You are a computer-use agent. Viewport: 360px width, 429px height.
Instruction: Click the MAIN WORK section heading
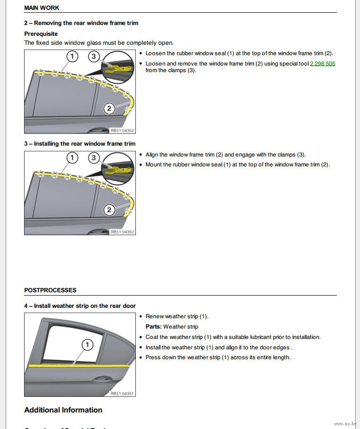(42, 8)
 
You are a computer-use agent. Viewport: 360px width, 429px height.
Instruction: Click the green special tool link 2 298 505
(322, 64)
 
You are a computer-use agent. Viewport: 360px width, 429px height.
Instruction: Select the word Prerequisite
(41, 34)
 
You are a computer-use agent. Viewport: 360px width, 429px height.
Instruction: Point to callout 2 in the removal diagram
(109, 108)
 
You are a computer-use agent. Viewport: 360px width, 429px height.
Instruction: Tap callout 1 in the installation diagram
(72, 157)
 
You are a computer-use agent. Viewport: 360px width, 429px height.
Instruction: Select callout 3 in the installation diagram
(94, 157)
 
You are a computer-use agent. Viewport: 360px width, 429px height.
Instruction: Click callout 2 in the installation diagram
(109, 209)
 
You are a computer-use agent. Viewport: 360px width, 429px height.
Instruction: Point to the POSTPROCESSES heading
(50, 290)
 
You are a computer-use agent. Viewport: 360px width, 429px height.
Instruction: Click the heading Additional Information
(63, 410)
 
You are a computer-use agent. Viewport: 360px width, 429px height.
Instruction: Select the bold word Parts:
(153, 327)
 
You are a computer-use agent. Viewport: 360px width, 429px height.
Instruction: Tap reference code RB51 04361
(122, 393)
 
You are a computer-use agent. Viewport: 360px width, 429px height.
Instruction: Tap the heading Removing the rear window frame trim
(81, 23)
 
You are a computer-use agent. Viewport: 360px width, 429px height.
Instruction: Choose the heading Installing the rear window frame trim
(80, 144)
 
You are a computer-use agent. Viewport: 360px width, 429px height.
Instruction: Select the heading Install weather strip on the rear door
(80, 306)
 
